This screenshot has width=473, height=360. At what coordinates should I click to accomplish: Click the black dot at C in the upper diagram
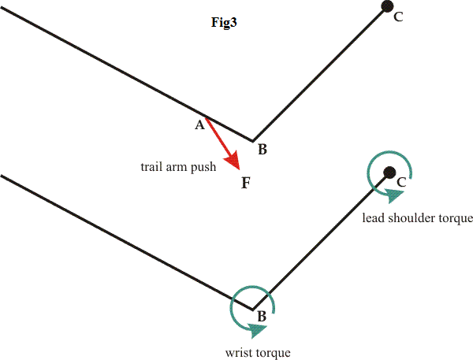(387, 6)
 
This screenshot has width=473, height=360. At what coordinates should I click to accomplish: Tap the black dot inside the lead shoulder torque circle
(388, 173)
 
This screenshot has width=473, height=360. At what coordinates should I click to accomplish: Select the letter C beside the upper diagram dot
(398, 17)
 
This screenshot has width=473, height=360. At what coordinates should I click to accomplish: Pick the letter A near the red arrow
(199, 125)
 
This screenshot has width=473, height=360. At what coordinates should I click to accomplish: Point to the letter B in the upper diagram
(263, 150)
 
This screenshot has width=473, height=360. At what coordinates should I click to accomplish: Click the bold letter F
(246, 184)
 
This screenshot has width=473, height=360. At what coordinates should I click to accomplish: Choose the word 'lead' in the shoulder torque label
(374, 217)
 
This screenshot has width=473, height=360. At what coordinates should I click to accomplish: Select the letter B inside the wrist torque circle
(261, 317)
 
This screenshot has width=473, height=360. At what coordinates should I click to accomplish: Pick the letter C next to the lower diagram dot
(401, 183)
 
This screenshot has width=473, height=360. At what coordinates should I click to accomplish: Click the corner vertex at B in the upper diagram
(252, 141)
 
